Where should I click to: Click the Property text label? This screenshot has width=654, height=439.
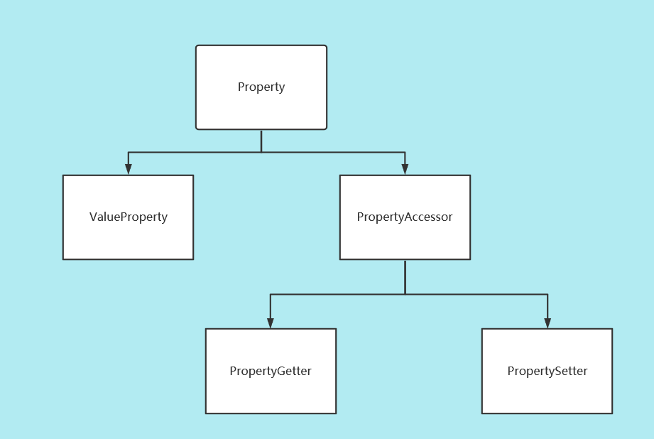[x=261, y=87]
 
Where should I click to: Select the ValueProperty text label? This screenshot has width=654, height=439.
[x=129, y=217]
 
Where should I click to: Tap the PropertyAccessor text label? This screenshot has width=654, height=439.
[x=405, y=217]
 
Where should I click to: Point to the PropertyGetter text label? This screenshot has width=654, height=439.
[x=271, y=371]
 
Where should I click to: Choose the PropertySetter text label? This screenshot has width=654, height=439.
[x=547, y=371]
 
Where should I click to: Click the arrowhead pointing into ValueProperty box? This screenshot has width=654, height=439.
[x=129, y=169]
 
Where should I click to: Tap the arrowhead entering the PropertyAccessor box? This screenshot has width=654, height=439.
[x=405, y=169]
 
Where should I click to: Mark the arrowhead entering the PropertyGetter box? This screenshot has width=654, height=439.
[x=271, y=323]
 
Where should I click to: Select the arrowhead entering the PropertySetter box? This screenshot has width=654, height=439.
[x=547, y=323]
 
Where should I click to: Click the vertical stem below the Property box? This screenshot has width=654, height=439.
[x=261, y=141]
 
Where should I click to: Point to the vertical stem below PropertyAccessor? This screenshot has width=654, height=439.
[x=405, y=277]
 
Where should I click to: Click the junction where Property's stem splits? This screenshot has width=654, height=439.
[x=261, y=152]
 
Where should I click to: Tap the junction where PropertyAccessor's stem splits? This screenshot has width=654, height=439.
[x=405, y=294]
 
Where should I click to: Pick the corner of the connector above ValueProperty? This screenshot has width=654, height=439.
[x=129, y=152]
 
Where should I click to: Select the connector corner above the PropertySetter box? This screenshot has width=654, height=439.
[x=547, y=294]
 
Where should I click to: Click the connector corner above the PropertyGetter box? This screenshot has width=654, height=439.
[x=271, y=294]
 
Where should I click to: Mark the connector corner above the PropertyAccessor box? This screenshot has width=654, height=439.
[x=405, y=152]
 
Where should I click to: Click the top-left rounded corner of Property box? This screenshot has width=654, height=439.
[x=197, y=47]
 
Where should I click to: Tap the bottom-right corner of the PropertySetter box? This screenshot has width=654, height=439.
[x=611, y=413]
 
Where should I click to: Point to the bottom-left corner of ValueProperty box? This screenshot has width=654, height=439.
[x=64, y=259]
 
